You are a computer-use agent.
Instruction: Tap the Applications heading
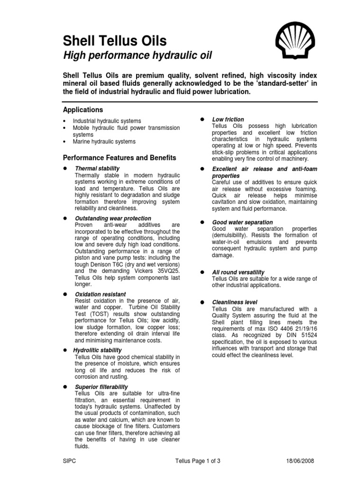[83, 109]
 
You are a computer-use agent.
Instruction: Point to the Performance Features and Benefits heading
[119, 157]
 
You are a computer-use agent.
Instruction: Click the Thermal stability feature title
[97, 168]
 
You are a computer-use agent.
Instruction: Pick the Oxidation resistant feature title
[100, 294]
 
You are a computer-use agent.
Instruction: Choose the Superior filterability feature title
[101, 387]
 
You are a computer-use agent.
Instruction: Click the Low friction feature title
[228, 119]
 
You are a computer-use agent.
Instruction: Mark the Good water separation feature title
[242, 222]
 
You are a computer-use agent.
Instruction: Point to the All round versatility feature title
[238, 272]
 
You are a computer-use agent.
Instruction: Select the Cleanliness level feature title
[235, 302]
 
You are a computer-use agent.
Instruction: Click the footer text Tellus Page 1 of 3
[198, 461]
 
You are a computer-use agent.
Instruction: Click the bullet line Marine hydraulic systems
[104, 141]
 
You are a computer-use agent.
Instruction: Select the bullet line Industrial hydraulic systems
[107, 121]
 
